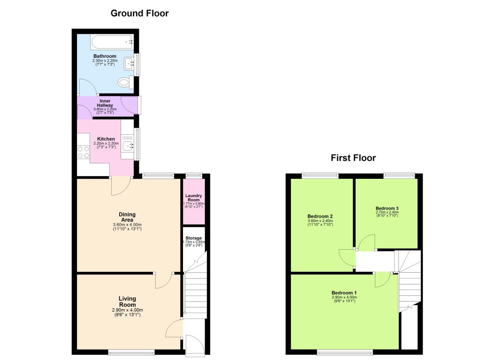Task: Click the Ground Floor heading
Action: [139, 13]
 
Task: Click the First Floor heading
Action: [353, 158]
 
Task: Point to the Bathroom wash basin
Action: [130, 64]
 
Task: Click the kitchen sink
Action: [128, 146]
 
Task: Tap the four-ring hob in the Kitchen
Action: [83, 152]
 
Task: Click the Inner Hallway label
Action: [105, 103]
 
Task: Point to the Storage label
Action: [193, 238]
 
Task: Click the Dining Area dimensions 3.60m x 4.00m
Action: [127, 224]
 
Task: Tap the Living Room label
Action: [127, 301]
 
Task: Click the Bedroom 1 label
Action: [344, 293]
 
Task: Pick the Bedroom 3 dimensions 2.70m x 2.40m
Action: [387, 212]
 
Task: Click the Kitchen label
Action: [106, 139]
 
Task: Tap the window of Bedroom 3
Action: [399, 176]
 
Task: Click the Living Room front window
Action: [131, 352]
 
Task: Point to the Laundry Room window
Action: [193, 176]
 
